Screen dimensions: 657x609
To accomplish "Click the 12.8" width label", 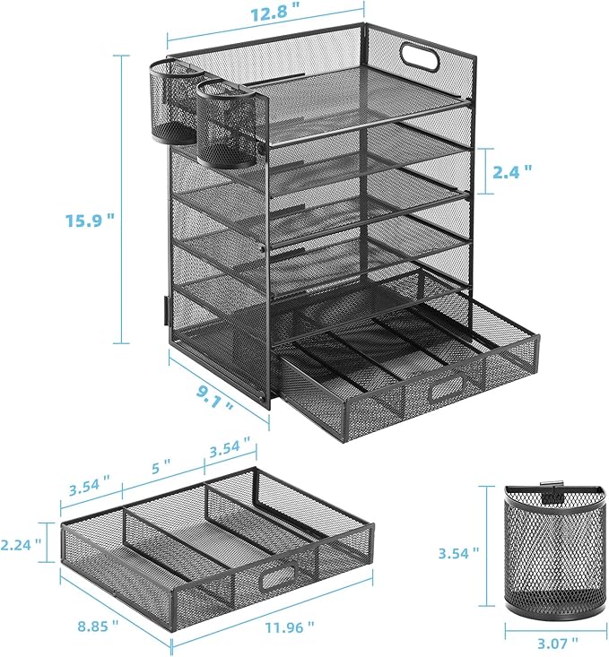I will pos(266,13).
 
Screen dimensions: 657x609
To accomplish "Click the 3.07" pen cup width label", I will pos(548,644).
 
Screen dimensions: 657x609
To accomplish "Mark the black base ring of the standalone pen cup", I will pos(547,609).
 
